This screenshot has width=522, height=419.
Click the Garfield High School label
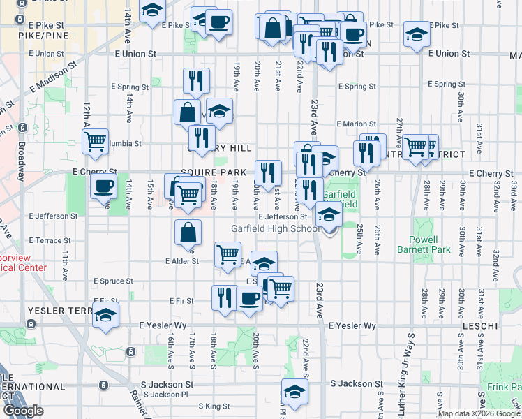276,229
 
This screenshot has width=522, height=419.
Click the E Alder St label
182,261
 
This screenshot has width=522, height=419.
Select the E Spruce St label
113,281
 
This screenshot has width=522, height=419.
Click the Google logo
24,411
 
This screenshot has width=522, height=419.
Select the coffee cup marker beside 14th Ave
104,186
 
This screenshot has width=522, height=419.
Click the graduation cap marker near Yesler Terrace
105,315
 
